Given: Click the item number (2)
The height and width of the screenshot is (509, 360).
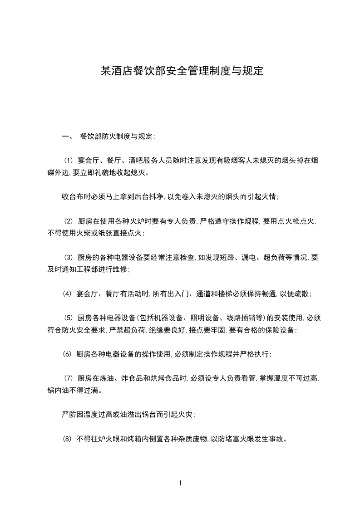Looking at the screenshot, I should click(68, 221).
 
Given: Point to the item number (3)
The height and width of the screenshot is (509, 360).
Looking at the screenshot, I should click(68, 258).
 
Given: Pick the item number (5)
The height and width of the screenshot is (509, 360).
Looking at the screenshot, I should click(68, 318).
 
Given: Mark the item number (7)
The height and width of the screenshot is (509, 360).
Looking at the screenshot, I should click(68, 378).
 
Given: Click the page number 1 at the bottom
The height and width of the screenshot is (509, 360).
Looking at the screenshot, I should click(180, 483).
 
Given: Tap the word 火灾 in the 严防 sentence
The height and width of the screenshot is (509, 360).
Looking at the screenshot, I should click(187, 415).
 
